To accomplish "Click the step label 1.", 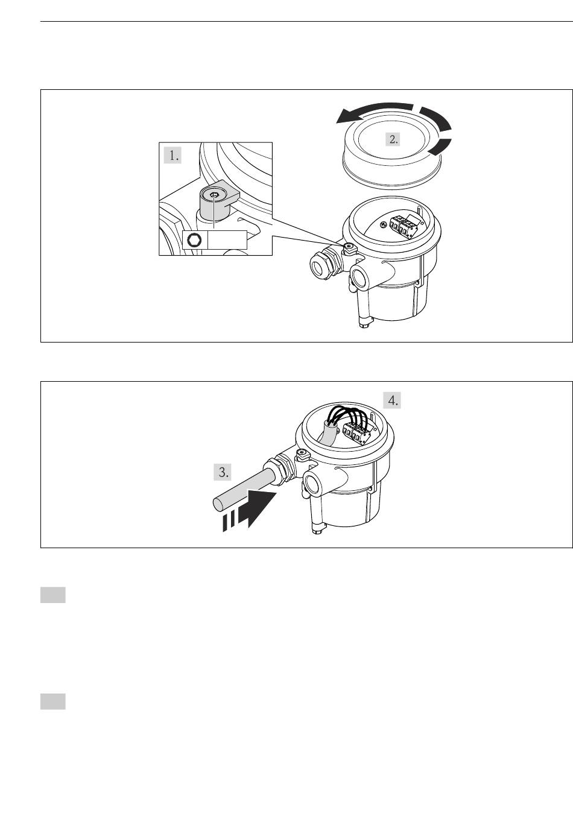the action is pos(173,156).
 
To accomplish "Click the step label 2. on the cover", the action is pos(393,139).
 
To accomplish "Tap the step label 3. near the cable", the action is pos(223,472).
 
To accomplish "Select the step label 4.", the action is pos(392,400).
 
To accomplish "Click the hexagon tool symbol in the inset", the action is pos(194,240).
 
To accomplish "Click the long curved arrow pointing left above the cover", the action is pos(374,112).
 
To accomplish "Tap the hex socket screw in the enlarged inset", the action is pos(214,195).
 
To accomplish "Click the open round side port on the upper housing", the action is pos(361,277).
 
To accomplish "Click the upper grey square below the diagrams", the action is pos(53,595).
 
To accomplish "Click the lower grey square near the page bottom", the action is pos(53,701).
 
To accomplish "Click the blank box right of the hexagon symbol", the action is pos(227,240).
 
